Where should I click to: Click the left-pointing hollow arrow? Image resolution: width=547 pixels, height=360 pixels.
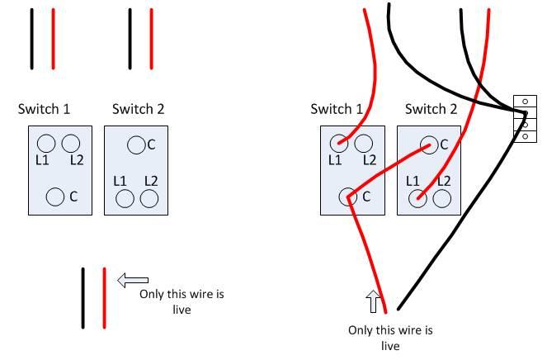133,281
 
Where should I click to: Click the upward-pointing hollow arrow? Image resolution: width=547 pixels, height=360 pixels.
374,301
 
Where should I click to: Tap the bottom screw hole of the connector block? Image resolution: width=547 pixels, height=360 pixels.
524,135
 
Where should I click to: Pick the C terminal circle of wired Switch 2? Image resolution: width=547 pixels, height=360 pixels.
427,145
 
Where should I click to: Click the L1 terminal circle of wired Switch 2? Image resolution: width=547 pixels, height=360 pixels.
418,198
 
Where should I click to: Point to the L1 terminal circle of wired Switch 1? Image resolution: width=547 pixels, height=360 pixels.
339,144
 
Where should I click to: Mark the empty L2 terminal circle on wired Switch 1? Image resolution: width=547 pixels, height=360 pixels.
363,144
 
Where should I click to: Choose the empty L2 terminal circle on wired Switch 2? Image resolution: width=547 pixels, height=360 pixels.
442,198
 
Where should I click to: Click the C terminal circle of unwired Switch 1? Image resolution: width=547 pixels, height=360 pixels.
55,197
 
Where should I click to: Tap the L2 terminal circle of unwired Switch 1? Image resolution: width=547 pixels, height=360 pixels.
71,144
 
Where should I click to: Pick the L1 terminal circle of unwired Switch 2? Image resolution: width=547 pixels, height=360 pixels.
125,198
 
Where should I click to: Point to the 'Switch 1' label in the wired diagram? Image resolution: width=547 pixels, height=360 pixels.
337,109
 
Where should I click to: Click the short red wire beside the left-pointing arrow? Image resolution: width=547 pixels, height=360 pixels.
104,298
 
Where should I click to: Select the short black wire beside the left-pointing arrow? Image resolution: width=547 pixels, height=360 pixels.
83,298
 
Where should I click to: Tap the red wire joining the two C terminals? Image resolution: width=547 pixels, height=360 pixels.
388,171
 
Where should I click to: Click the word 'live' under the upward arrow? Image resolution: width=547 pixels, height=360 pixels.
390,346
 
